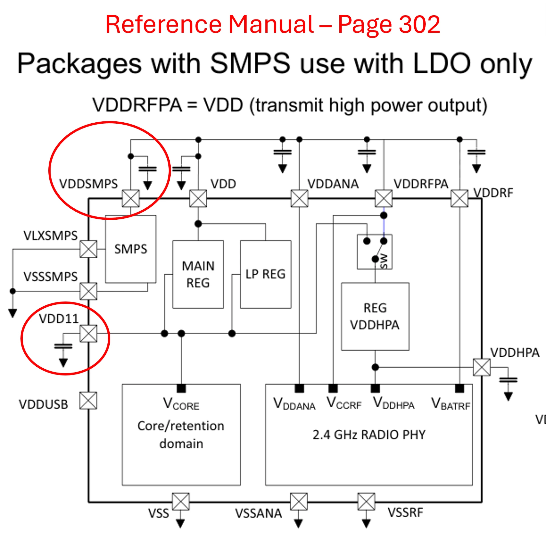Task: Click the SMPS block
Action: tap(131, 249)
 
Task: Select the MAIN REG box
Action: tap(198, 274)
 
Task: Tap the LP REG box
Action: tap(266, 274)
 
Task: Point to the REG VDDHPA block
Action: tap(375, 316)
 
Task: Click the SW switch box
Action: tap(375, 252)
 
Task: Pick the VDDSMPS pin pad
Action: tap(131, 198)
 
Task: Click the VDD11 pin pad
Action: tap(89, 333)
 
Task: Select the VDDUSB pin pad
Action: tap(89, 401)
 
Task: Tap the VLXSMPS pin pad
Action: tap(89, 249)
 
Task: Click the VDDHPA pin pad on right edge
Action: tap(482, 367)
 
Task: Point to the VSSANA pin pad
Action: tap(299, 502)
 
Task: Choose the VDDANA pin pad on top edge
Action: tap(299, 198)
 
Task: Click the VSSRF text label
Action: tap(406, 513)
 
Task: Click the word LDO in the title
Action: tap(441, 63)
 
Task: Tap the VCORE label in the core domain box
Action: tap(181, 404)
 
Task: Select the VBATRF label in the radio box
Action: tap(451, 404)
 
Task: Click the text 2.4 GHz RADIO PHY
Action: tap(369, 435)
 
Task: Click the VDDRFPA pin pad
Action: tap(384, 198)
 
